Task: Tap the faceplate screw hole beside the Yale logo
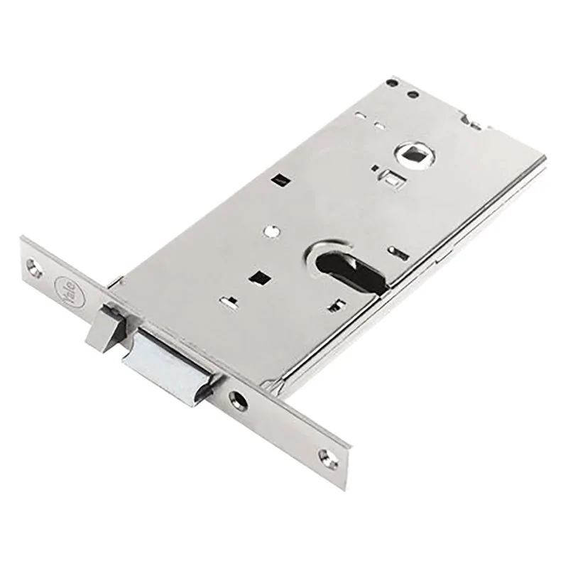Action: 34,267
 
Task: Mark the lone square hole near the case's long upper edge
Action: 283,180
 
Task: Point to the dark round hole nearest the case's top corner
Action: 392,82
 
